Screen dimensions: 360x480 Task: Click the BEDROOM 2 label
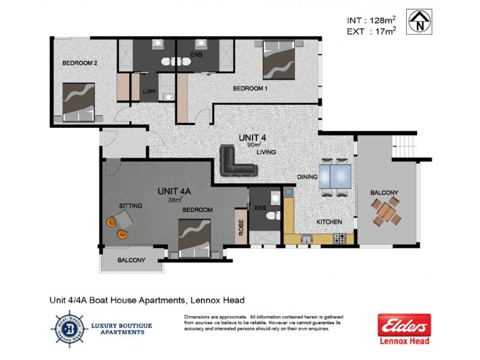point(80,62)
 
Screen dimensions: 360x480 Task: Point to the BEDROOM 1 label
point(250,88)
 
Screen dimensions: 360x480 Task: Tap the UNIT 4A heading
point(175,191)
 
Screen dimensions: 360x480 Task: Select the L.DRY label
point(149,92)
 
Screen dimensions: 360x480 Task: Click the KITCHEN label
point(329,222)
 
